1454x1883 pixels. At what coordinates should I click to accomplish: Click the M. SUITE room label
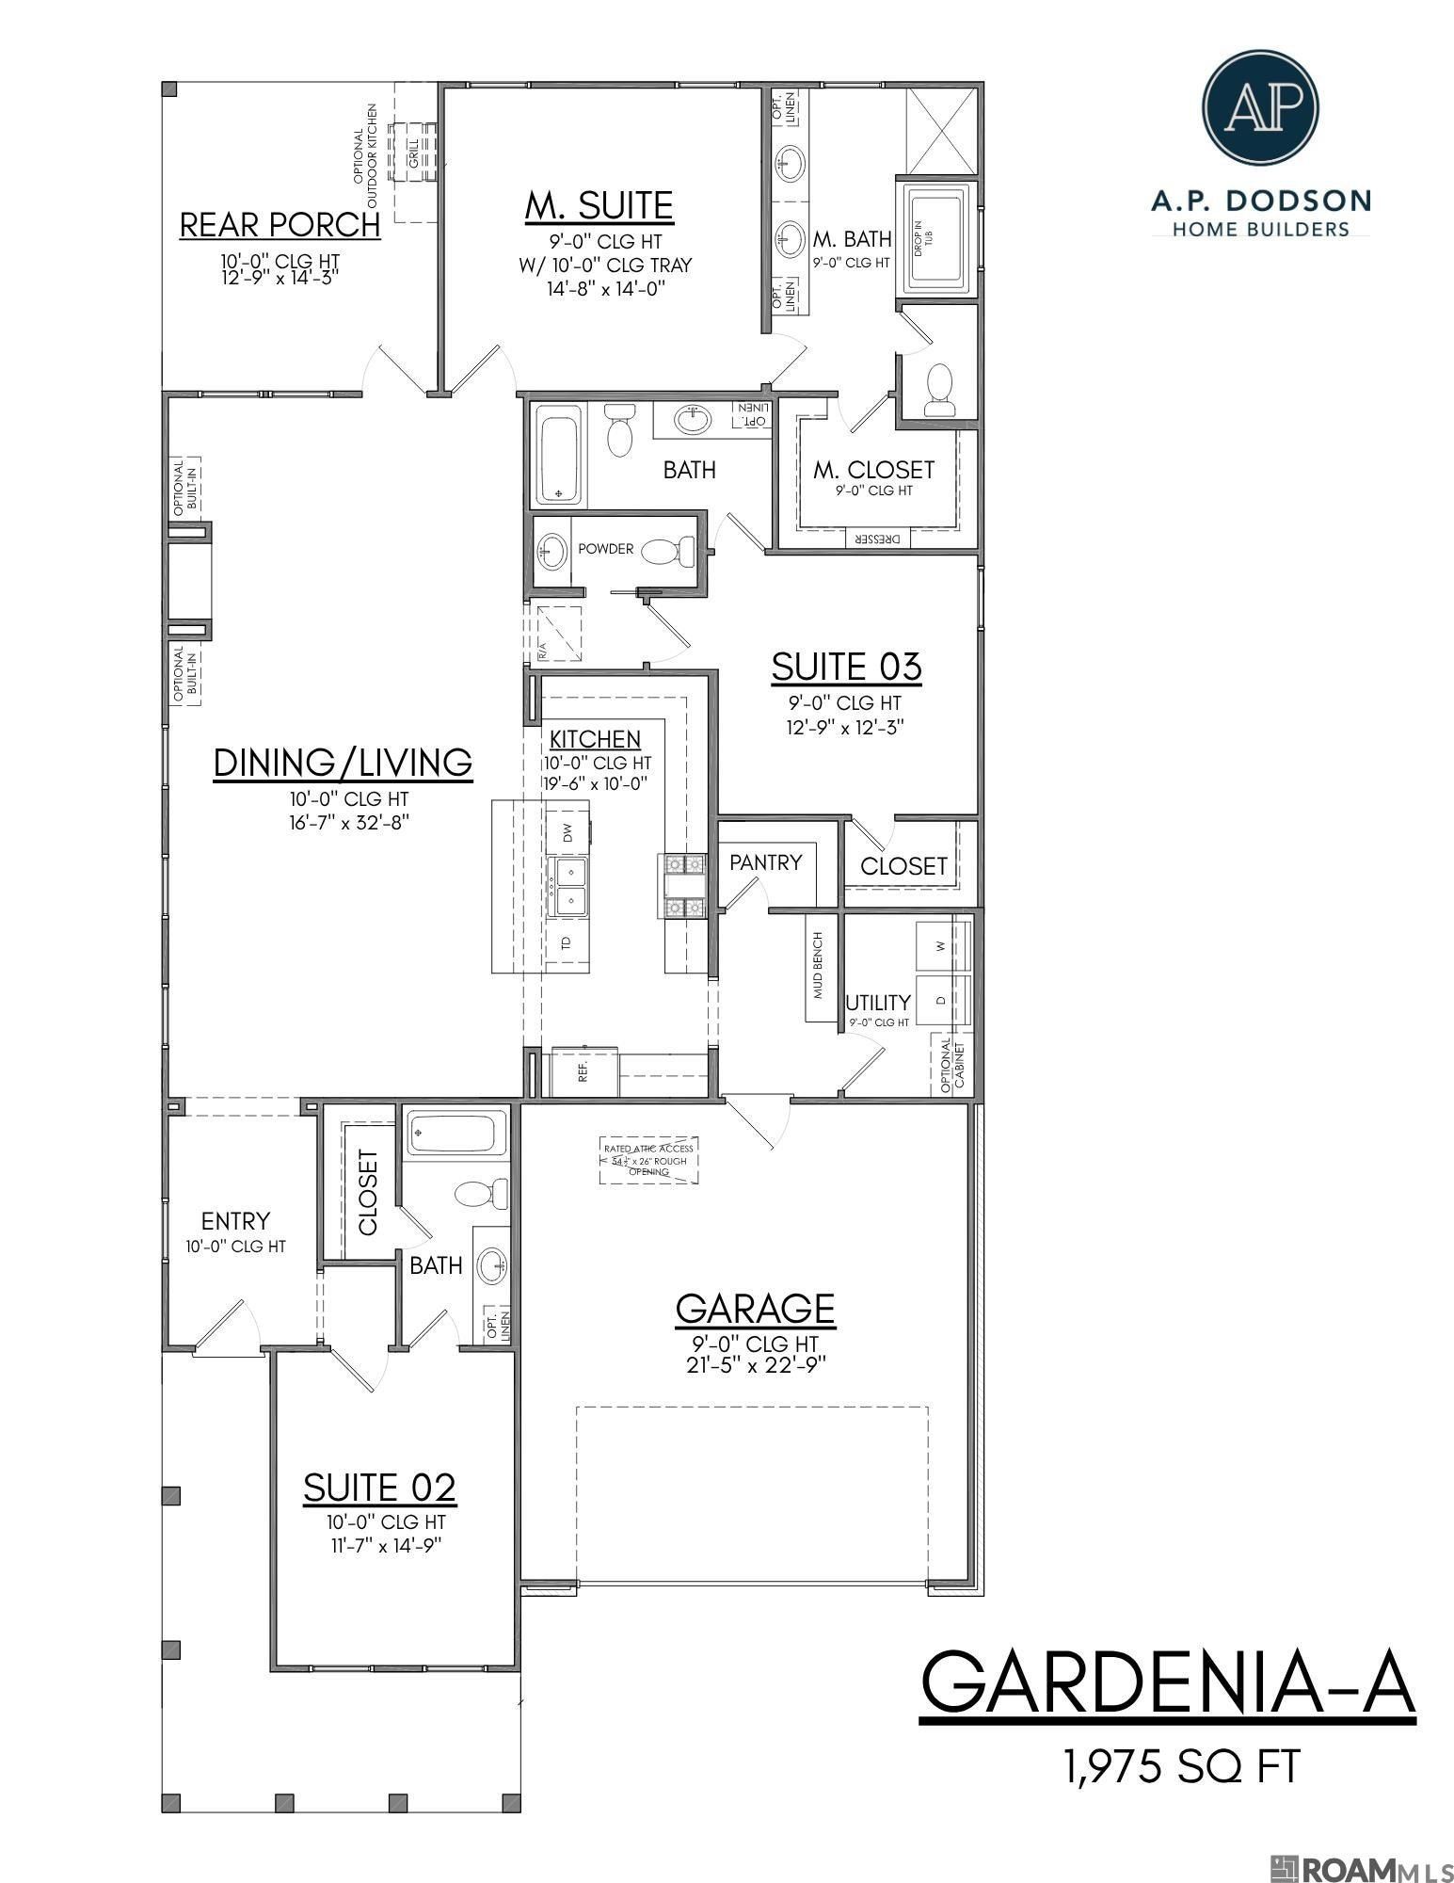click(599, 205)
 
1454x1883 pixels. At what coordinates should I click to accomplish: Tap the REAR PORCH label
click(280, 225)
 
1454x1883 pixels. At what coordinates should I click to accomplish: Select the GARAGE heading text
click(755, 1308)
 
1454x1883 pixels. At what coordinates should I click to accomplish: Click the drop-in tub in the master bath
click(935, 235)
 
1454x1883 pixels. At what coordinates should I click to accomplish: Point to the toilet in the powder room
click(672, 549)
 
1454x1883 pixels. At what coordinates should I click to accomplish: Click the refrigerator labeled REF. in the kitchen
click(584, 1071)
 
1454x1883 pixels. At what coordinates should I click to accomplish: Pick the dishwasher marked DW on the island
click(567, 831)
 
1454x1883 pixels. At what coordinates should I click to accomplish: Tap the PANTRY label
click(766, 862)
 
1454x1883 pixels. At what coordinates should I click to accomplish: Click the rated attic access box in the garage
click(649, 1160)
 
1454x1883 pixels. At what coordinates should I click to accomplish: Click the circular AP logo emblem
click(1261, 106)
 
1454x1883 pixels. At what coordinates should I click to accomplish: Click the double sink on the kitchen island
click(569, 886)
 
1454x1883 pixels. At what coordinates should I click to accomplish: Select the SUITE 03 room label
click(846, 667)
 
